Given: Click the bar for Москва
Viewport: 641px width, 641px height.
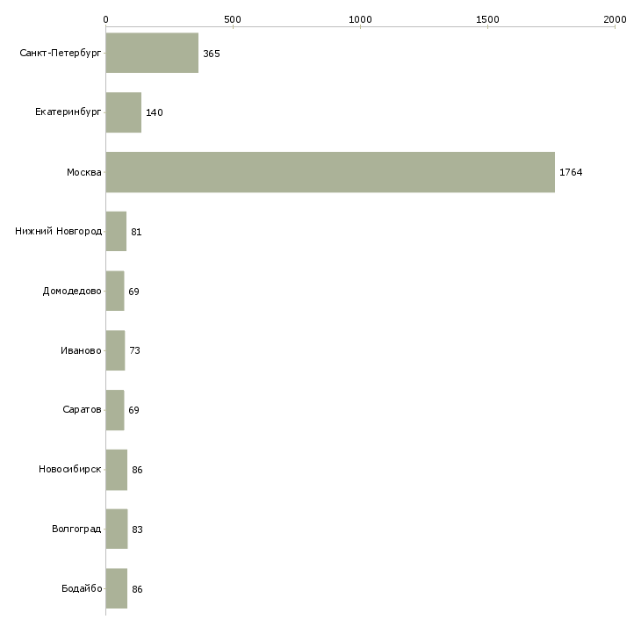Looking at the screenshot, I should [x=330, y=172].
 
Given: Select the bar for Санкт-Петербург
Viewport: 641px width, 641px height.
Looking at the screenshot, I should [x=152, y=54].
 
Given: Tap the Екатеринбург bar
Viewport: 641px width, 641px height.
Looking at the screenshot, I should [x=123, y=112].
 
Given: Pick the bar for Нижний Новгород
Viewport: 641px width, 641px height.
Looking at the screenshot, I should [x=116, y=232].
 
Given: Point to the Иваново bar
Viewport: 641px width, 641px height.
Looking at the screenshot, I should [x=115, y=350].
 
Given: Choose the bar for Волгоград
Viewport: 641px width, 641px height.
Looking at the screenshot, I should [x=116, y=529].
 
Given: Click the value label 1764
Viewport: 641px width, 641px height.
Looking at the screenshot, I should [x=571, y=172].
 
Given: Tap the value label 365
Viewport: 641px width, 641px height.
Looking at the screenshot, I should [x=211, y=54].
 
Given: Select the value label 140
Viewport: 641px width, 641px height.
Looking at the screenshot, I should [x=155, y=112].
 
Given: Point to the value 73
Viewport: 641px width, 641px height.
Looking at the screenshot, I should [x=134, y=350].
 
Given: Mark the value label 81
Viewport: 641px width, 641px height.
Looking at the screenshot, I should [x=136, y=232].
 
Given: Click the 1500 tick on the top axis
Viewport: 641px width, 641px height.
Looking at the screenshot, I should [x=487, y=18].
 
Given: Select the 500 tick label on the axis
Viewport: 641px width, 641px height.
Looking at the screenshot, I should [x=233, y=18].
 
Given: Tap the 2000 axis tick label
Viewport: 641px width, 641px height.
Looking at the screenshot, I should [x=615, y=18].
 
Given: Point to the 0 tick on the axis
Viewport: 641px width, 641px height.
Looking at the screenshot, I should [x=105, y=18].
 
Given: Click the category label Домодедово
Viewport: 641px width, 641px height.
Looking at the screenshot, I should [x=72, y=291].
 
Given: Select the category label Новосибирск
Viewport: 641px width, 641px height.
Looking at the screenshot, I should [x=69, y=470].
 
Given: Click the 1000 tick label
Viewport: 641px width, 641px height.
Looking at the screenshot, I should [x=360, y=18].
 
